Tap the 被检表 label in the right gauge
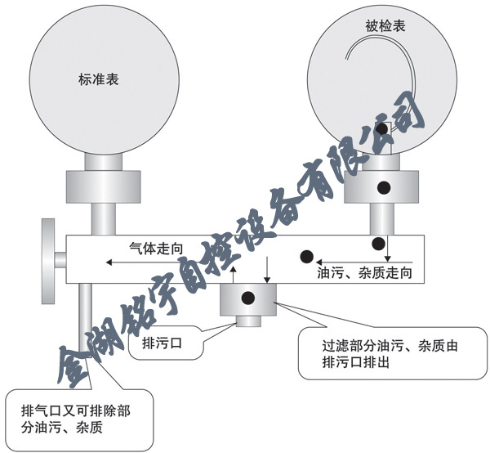(386, 27)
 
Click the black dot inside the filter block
(249, 296)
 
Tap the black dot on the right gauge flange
(382, 187)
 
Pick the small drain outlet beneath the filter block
(249, 321)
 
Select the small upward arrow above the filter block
(233, 271)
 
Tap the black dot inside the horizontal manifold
(307, 256)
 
